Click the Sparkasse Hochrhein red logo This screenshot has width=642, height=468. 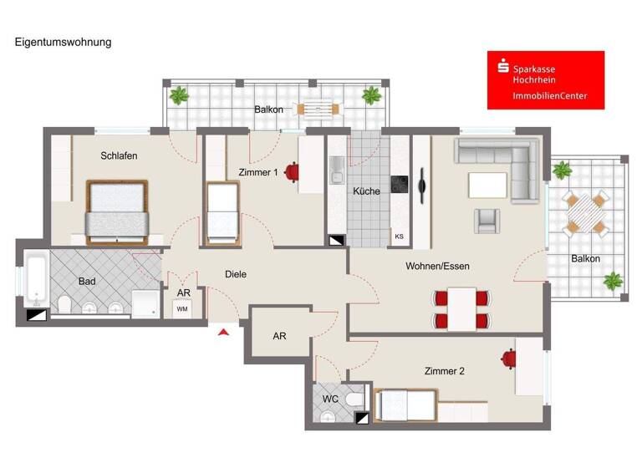pyautogui.click(x=545, y=80)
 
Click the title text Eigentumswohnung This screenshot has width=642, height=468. pyautogui.click(x=63, y=41)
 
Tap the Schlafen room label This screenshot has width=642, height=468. pyautogui.click(x=119, y=156)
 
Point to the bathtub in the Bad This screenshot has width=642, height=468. pyautogui.click(x=34, y=281)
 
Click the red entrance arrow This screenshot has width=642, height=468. pyautogui.click(x=222, y=333)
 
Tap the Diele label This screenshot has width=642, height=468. pyautogui.click(x=236, y=274)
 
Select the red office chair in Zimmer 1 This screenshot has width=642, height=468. pyautogui.click(x=291, y=173)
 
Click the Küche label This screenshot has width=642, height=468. pyautogui.click(x=366, y=191)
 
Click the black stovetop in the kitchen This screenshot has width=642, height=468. pyautogui.click(x=400, y=184)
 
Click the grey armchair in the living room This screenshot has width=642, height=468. pyautogui.click(x=487, y=220)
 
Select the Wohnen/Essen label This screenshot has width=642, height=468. pyautogui.click(x=437, y=267)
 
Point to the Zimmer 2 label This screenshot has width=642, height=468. pyautogui.click(x=445, y=371)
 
